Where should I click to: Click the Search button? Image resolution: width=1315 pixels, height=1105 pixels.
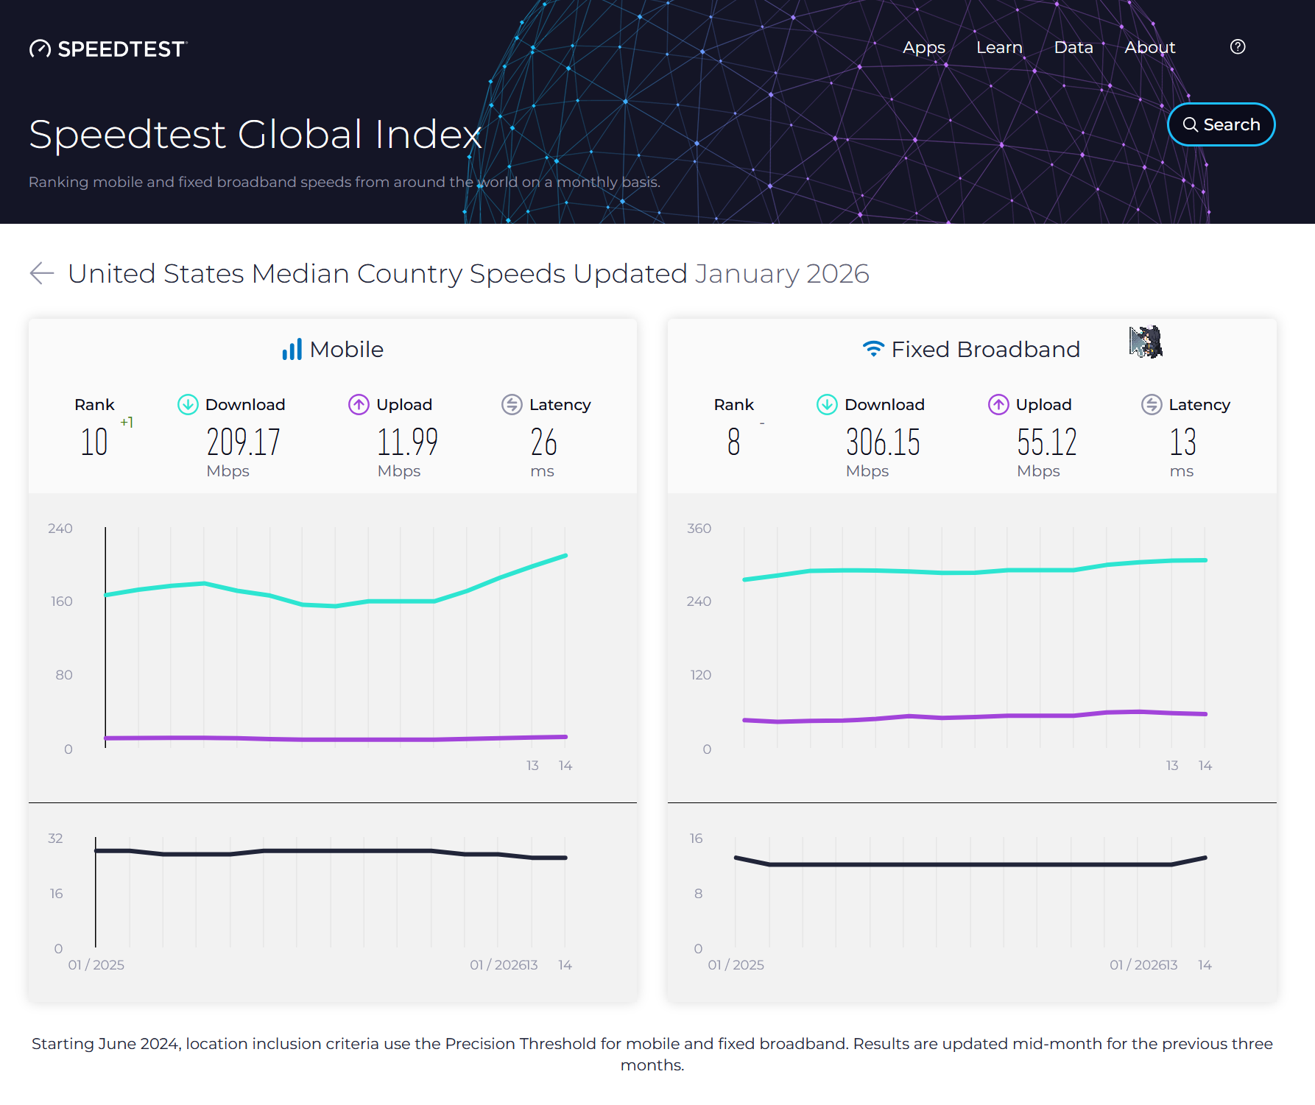coord(1221,124)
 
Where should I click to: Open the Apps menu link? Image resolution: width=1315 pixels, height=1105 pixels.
coord(923,47)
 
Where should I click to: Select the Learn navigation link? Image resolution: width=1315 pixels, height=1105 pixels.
coord(998,47)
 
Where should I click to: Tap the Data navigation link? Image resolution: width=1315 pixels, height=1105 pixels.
coord(1073,47)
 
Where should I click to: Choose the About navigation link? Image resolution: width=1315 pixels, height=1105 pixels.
coord(1149,47)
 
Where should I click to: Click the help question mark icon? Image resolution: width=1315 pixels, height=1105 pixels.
coord(1238,47)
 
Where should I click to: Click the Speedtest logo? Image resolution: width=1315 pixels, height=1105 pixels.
coord(108,49)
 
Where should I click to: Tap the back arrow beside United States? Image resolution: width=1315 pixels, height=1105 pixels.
coord(42,273)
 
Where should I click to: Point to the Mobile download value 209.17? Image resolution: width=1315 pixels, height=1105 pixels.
coord(243,442)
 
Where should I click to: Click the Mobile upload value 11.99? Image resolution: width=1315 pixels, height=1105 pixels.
coord(407,442)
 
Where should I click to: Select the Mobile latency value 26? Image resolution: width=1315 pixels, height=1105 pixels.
coord(543,442)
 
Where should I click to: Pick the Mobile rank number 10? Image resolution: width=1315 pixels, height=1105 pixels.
coord(94,442)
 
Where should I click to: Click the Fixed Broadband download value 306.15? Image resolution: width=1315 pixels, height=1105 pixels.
coord(883,442)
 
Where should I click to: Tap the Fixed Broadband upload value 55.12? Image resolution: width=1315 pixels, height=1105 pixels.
coord(1046,442)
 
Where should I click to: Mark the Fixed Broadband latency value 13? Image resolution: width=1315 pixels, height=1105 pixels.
coord(1182,442)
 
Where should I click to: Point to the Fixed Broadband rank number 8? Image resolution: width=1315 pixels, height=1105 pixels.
coord(733,442)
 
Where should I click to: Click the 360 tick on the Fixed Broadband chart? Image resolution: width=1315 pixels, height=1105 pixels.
coord(699,529)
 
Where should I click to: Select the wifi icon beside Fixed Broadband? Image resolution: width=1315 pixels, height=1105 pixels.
coord(872,349)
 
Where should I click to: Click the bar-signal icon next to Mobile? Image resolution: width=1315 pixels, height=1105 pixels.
coord(292,349)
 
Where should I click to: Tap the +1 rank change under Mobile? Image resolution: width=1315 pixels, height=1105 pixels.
coord(127,422)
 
